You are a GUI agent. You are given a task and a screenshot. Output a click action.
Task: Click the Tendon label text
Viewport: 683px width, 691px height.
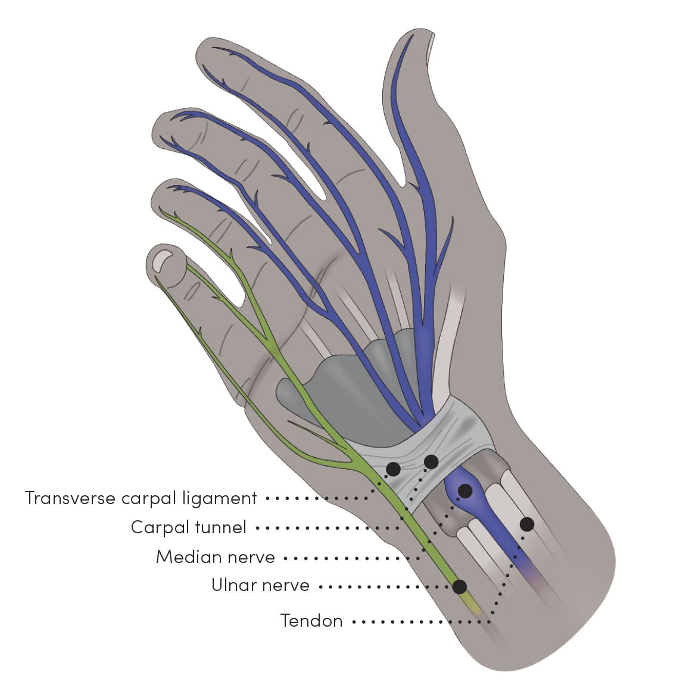(311, 621)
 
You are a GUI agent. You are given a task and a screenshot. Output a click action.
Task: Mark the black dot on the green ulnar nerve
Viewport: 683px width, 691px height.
(459, 587)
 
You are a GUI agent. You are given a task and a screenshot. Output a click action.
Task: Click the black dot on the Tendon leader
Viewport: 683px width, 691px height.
(526, 524)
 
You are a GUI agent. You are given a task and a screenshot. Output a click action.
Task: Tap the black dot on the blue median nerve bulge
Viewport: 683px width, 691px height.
(465, 491)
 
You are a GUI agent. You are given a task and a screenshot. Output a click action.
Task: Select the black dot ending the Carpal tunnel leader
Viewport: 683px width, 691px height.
(431, 461)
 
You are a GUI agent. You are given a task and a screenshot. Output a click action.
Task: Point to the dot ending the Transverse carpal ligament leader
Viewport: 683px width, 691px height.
(393, 469)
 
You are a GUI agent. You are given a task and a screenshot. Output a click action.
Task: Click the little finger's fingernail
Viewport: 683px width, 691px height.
(161, 261)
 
